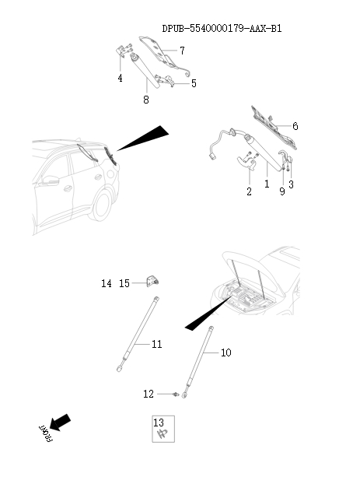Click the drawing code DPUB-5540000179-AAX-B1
[x=222, y=29]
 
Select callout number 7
[x=181, y=51]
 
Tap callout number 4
[x=120, y=79]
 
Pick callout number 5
[x=193, y=83]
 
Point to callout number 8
[x=145, y=100]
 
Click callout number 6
[x=295, y=126]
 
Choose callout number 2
[x=249, y=191]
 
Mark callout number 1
[x=266, y=185]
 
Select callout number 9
[x=281, y=191]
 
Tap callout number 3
[x=291, y=184]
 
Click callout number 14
[x=107, y=284]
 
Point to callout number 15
[x=124, y=284]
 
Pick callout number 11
[x=156, y=344]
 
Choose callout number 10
[x=225, y=352]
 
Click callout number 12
[x=149, y=395]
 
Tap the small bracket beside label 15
[x=154, y=282]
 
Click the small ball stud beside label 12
[x=177, y=395]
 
